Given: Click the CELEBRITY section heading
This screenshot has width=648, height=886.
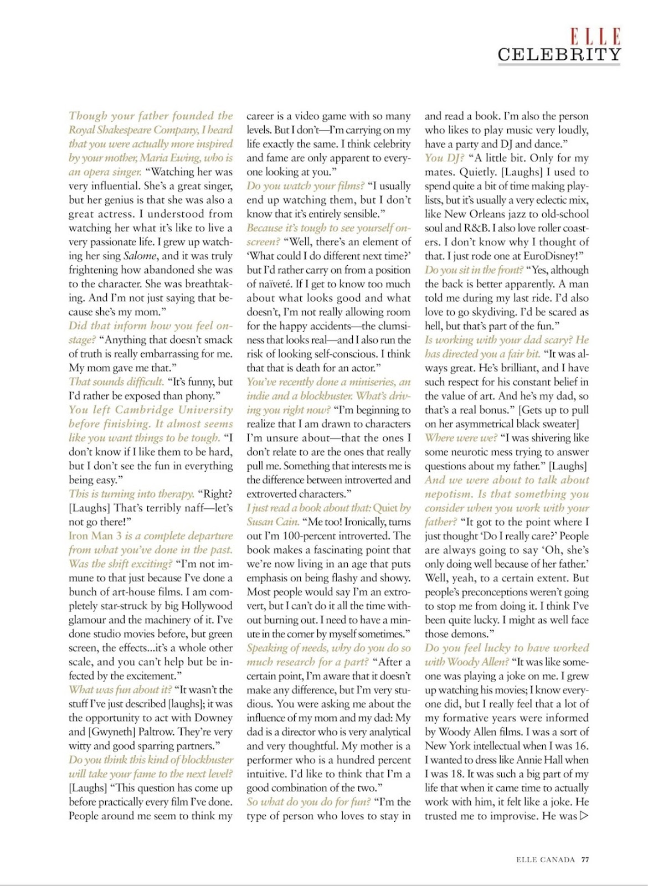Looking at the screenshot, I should pos(559,54).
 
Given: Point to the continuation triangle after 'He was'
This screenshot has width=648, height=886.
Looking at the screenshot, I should pos(584,816).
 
